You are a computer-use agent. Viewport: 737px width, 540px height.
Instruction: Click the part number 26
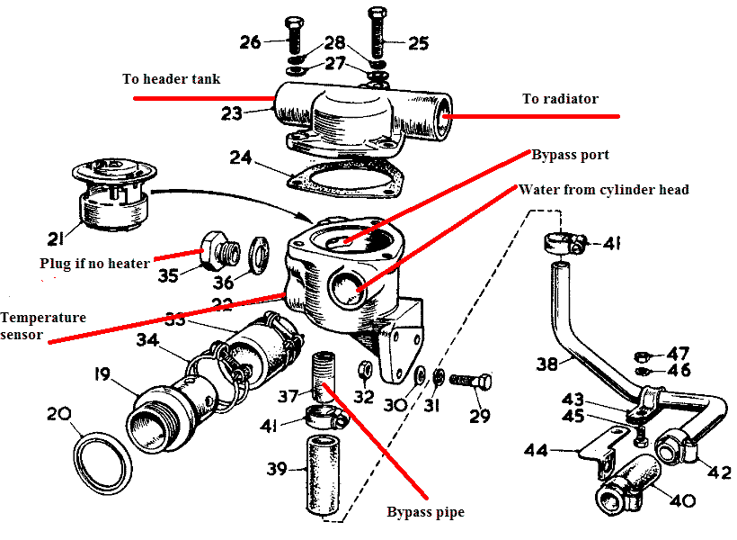[251, 41]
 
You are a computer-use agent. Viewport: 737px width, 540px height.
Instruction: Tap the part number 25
[418, 41]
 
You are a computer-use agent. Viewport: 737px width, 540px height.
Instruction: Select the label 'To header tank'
[171, 79]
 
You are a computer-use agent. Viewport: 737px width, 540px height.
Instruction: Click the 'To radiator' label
[560, 99]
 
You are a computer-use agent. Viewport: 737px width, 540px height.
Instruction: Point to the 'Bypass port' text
[570, 155]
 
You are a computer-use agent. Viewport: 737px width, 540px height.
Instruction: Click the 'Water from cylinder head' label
[603, 190]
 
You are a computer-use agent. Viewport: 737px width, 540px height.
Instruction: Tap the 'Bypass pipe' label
[425, 512]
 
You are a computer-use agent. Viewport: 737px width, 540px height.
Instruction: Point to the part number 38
[547, 364]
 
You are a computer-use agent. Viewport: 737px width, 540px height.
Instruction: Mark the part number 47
[677, 353]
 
